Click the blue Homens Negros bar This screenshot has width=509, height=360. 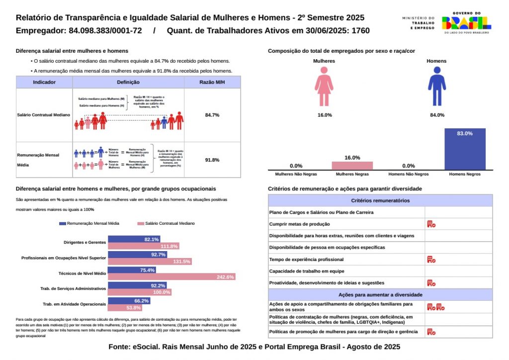(x=465, y=149)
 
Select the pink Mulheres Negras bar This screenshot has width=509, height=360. (x=352, y=166)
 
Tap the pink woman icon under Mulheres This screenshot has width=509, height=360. (x=324, y=86)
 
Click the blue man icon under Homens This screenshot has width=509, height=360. (x=436, y=86)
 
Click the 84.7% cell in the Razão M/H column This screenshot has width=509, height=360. (x=212, y=115)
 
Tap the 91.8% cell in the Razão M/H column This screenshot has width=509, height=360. (x=212, y=160)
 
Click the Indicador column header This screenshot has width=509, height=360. (x=44, y=82)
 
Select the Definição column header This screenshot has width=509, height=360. (x=128, y=82)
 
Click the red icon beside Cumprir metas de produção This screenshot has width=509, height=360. (x=431, y=224)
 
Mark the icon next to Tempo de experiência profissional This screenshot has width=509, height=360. (x=431, y=259)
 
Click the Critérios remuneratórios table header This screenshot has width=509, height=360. (x=380, y=200)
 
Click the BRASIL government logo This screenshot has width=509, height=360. (x=466, y=23)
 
